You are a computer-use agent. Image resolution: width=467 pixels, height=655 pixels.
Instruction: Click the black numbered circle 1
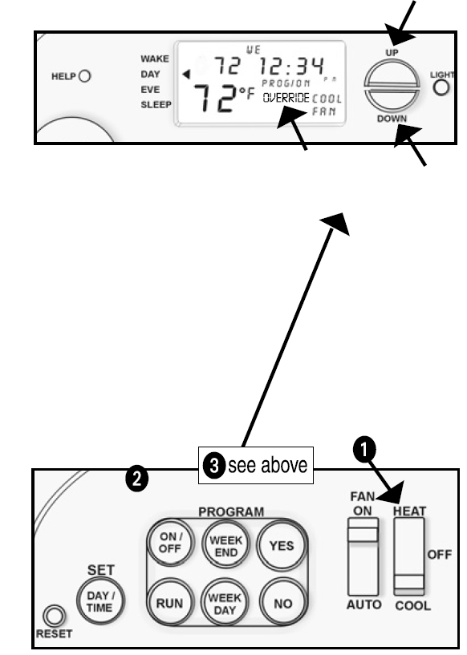pos(365,451)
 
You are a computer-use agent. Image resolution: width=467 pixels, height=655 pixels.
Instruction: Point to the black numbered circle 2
pos(140,479)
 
